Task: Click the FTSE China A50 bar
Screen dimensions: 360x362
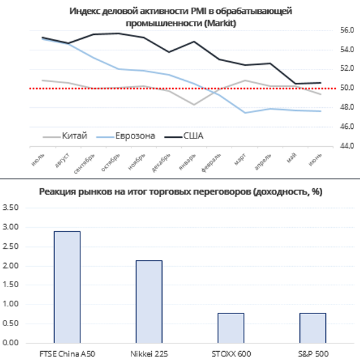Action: pyautogui.click(x=67, y=287)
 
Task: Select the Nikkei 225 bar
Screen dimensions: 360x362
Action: pyautogui.click(x=149, y=301)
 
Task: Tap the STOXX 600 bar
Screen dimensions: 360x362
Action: pyautogui.click(x=231, y=328)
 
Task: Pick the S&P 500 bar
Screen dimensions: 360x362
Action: pyautogui.click(x=313, y=328)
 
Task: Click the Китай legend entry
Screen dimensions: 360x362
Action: pyautogui.click(x=65, y=136)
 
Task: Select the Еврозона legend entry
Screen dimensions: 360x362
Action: pyautogui.click(x=125, y=136)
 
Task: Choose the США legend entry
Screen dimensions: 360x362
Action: pyautogui.click(x=184, y=136)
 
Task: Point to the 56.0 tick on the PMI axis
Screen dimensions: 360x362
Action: pyautogui.click(x=347, y=30)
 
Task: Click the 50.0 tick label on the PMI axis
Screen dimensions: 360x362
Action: pyautogui.click(x=347, y=88)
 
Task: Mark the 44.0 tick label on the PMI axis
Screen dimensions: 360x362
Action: pyautogui.click(x=347, y=146)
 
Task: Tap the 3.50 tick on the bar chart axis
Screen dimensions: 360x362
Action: pyautogui.click(x=10, y=207)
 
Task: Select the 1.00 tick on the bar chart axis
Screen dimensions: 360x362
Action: pyautogui.click(x=10, y=304)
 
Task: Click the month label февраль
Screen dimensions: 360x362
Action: pyautogui.click(x=211, y=163)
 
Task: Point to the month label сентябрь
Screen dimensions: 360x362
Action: pyautogui.click(x=85, y=164)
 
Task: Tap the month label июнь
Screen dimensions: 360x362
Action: pyautogui.click(x=315, y=160)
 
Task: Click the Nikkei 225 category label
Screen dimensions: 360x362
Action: pyautogui.click(x=149, y=354)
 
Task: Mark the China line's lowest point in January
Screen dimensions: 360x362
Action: pyautogui.click(x=194, y=104)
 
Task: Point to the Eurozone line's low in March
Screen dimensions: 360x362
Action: pyautogui.click(x=245, y=113)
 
